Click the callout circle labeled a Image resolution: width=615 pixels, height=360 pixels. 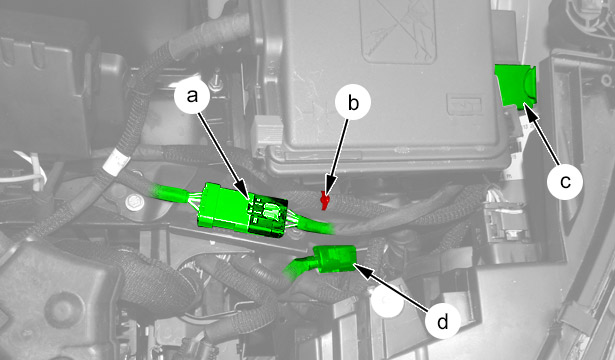coord(192,96)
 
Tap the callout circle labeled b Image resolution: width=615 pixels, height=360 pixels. coord(353,103)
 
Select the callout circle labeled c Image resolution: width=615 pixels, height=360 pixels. coord(565,181)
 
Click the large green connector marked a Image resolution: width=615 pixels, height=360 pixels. coord(242,210)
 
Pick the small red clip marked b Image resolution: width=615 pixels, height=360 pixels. coord(324,200)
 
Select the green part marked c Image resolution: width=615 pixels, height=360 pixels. coord(515,86)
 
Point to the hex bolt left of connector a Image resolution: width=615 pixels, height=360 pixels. coord(132,203)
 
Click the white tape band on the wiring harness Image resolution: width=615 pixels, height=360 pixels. coord(116,162)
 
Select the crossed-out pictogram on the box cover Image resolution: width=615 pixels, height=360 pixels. coord(398,31)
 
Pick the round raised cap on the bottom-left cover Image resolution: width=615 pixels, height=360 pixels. coord(64,309)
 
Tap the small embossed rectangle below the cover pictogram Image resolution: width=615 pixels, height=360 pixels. coord(464,104)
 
